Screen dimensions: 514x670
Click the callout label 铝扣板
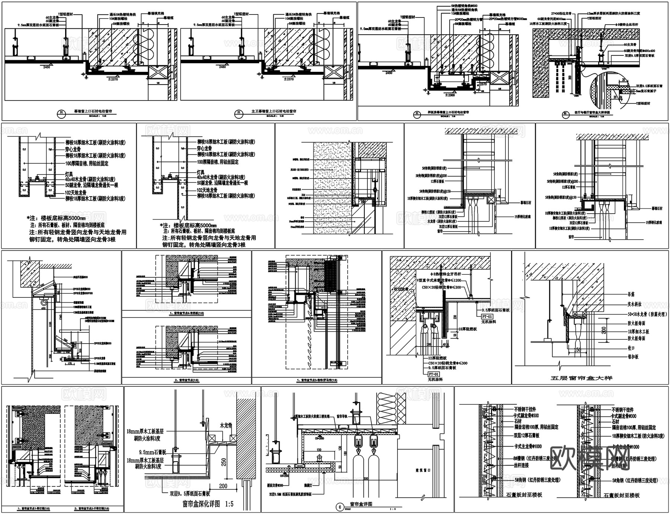click(x=633, y=357)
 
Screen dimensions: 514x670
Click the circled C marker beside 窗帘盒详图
click(x=339, y=507)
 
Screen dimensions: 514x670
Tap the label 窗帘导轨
click(x=343, y=417)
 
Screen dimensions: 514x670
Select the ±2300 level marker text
click(x=449, y=95)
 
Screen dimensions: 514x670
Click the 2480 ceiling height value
click(x=222, y=67)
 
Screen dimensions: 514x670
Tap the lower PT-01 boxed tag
click(x=434, y=374)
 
